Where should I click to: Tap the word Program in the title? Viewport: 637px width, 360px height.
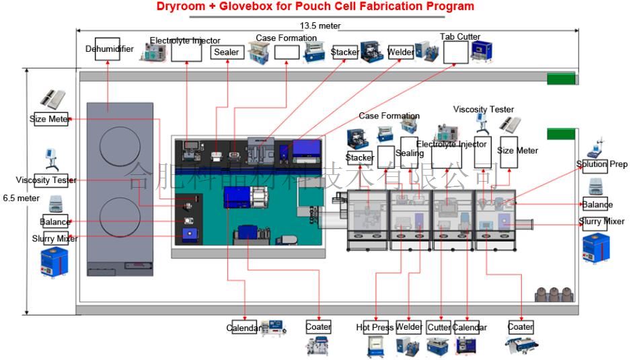pyautogui.click(x=448, y=7)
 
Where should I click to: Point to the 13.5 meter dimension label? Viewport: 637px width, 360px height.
pyautogui.click(x=320, y=26)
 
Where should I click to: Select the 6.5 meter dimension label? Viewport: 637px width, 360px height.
pyautogui.click(x=21, y=198)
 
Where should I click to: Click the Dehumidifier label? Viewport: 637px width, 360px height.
pyautogui.click(x=109, y=49)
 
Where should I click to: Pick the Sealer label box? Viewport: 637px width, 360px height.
pyautogui.click(x=226, y=52)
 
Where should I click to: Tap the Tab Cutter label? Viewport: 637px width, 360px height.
pyautogui.click(x=459, y=37)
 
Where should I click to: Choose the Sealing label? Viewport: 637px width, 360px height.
pyautogui.click(x=410, y=153)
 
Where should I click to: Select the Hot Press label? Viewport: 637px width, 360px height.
pyautogui.click(x=375, y=328)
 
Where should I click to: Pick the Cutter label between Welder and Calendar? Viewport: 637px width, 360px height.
pyautogui.click(x=439, y=328)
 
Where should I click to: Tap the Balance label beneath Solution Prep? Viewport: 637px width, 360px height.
pyautogui.click(x=597, y=205)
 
